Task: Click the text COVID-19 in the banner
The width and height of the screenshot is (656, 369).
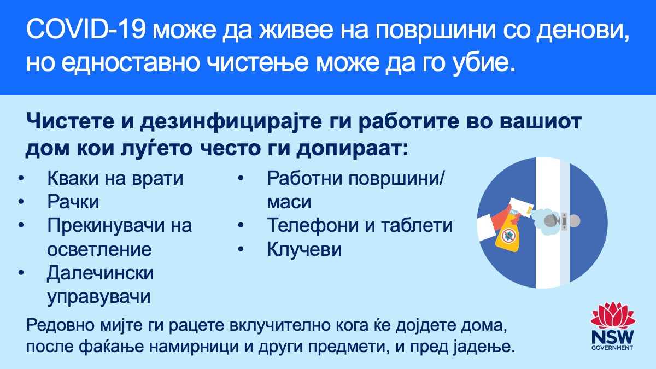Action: (86, 30)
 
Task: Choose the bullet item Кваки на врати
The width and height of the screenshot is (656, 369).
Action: (115, 178)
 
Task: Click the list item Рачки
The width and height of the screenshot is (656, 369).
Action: (73, 202)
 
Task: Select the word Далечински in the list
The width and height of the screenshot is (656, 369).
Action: (101, 273)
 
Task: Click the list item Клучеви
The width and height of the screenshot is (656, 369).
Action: (304, 249)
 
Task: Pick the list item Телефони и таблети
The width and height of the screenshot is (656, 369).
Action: (360, 225)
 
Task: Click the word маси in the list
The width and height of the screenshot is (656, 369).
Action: (289, 202)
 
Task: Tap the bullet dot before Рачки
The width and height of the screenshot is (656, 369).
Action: (21, 202)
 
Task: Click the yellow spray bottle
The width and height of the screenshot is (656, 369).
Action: (507, 231)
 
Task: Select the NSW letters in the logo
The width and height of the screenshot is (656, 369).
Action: (613, 337)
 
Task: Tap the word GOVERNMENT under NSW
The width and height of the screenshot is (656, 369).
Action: (612, 348)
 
